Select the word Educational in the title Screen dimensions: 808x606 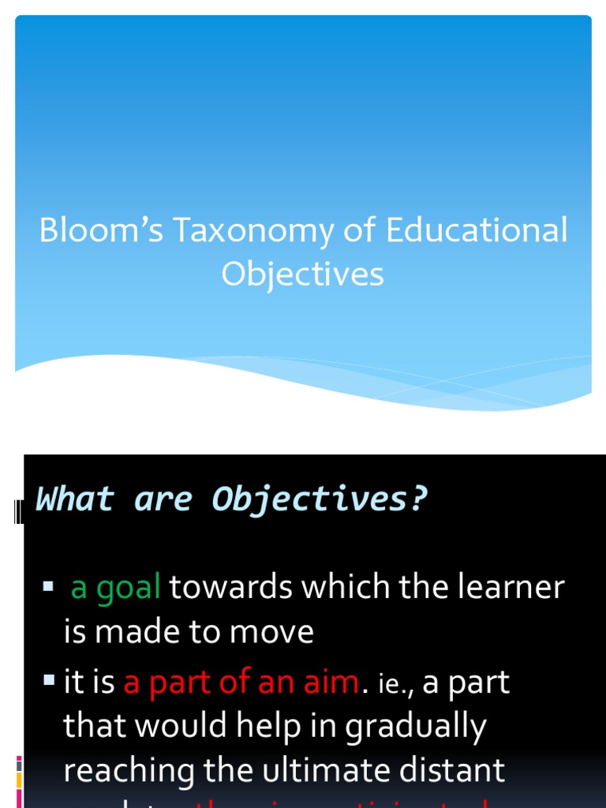click(x=477, y=230)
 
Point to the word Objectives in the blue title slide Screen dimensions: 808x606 click(x=302, y=275)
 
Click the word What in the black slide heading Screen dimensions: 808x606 click(x=75, y=499)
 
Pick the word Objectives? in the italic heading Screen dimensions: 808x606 click(x=320, y=499)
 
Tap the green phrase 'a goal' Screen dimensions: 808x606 click(x=116, y=587)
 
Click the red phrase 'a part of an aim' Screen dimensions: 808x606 click(x=241, y=683)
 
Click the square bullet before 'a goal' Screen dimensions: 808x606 click(x=48, y=586)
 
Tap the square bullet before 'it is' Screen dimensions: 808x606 click(x=49, y=679)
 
